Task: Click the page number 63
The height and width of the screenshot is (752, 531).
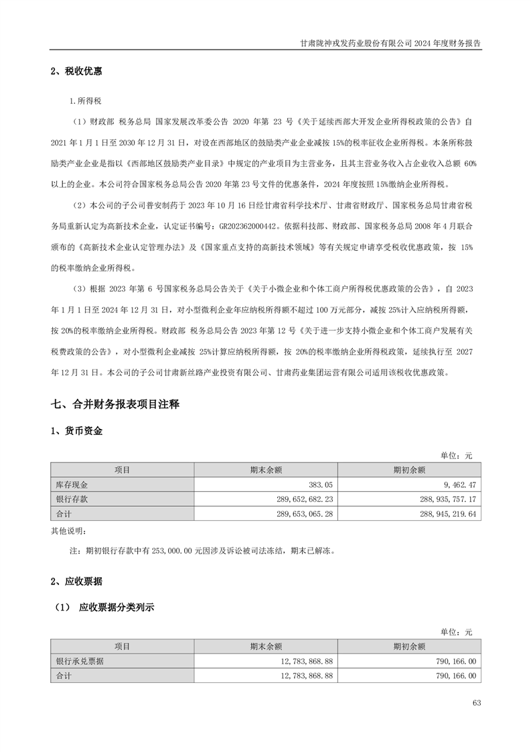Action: tap(476, 703)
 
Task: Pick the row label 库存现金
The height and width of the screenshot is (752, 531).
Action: tap(72, 484)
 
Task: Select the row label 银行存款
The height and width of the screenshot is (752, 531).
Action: tap(72, 499)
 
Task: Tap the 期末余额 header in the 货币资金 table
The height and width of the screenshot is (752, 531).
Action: tap(266, 469)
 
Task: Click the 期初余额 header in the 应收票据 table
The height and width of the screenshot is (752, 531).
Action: tap(410, 646)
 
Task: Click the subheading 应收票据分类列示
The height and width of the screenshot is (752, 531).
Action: tap(117, 608)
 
